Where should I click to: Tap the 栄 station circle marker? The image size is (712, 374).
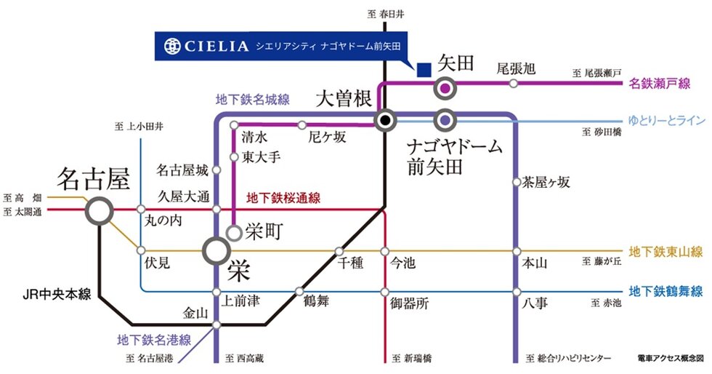click(x=217, y=251)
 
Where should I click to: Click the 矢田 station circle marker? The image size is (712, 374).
click(x=445, y=89)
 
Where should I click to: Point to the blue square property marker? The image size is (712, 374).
click(x=423, y=70)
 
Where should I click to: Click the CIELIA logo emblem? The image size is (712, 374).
click(x=172, y=46)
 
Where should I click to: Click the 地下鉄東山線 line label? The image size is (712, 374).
click(x=666, y=252)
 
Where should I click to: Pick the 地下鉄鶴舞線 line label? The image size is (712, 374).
click(x=666, y=292)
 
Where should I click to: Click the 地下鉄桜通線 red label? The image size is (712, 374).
click(x=283, y=198)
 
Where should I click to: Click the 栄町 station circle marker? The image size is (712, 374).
click(x=234, y=233)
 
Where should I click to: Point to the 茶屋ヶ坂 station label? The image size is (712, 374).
click(x=546, y=183)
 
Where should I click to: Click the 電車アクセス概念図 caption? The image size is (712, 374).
click(x=670, y=359)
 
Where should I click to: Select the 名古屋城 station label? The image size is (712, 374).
click(x=182, y=171)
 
